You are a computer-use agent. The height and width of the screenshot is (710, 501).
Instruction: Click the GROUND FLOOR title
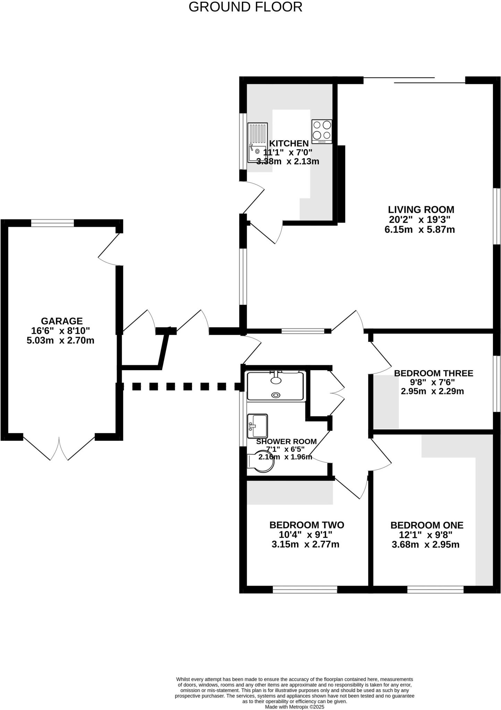(x=245, y=7)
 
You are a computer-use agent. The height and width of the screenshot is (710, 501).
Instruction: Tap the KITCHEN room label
(x=289, y=143)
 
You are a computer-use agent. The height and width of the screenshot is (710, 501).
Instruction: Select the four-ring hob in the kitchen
(x=322, y=131)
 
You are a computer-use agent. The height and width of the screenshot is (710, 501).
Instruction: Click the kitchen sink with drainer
(x=257, y=142)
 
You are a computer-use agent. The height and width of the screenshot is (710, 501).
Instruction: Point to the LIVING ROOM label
(x=421, y=209)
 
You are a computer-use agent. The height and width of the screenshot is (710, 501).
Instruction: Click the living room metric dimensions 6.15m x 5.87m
(x=419, y=230)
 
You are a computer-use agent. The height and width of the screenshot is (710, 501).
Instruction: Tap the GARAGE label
(x=62, y=321)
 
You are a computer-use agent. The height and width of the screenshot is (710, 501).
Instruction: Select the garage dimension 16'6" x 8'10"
(x=61, y=331)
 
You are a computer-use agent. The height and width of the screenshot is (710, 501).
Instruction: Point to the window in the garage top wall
(x=52, y=223)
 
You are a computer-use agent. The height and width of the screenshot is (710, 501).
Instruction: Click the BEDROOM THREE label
(x=433, y=373)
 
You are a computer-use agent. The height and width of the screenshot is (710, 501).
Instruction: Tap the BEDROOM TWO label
(x=307, y=525)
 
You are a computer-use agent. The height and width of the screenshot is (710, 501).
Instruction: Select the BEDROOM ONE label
(x=427, y=525)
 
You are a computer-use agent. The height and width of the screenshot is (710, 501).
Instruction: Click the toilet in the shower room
(x=261, y=461)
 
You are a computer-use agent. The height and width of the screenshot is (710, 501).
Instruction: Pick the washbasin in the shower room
(x=257, y=426)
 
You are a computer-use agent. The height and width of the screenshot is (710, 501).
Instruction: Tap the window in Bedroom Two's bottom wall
(x=305, y=589)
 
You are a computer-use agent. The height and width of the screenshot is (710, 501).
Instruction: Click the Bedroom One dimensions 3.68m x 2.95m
(x=425, y=545)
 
